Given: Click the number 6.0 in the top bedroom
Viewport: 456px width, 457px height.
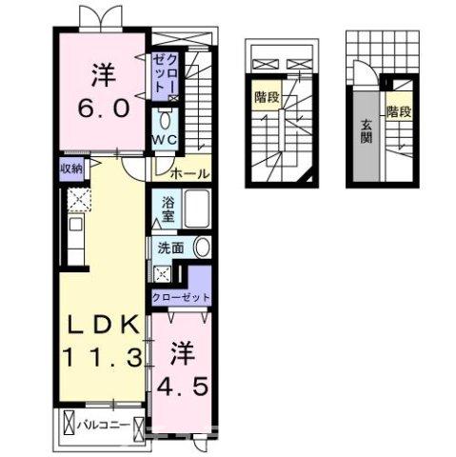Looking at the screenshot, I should tap(98, 109).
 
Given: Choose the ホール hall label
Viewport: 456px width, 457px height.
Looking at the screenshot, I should tap(188, 174).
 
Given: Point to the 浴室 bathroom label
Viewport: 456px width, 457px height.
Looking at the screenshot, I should tap(166, 209).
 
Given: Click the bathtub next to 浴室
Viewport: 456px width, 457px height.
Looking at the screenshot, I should tap(198, 209).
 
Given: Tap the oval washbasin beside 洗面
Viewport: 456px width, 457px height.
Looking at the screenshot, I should tap(202, 247).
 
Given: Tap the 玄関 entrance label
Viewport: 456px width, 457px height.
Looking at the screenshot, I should tap(366, 129).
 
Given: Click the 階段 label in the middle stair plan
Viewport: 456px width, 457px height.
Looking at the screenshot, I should tap(266, 96).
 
